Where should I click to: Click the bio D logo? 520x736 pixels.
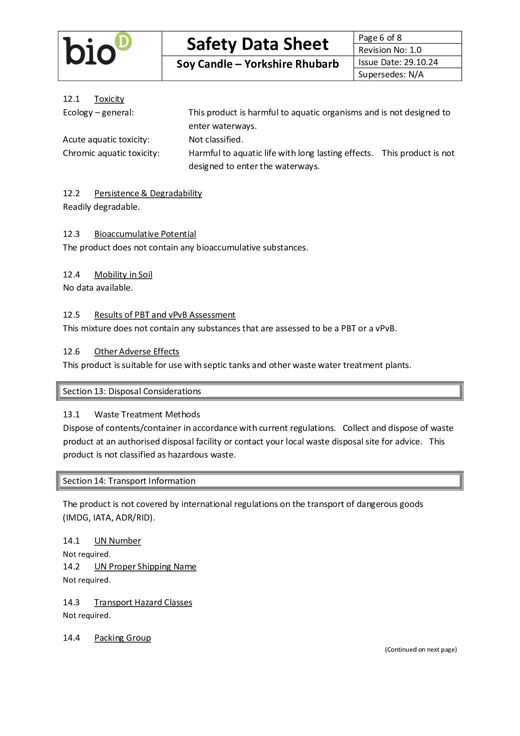[x=97, y=49]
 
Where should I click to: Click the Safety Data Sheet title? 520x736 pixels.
[x=257, y=44]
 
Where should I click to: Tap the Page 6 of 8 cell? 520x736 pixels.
[x=407, y=38]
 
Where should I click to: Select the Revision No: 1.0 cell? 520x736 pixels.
[x=407, y=50]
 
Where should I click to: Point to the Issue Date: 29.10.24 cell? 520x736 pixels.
[x=407, y=62]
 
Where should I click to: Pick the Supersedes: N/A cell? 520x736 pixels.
[x=407, y=74]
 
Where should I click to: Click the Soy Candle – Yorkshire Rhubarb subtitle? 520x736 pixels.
[x=257, y=64]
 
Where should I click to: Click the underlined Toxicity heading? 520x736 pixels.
[x=109, y=99]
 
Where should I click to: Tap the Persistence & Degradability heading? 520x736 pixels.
[x=148, y=194]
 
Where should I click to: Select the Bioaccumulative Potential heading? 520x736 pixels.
[x=145, y=234]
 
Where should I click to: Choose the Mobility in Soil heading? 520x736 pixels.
[x=123, y=275]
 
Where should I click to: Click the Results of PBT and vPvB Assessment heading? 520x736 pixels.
[x=165, y=315]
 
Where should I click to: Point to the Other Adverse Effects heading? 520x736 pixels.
[x=137, y=352]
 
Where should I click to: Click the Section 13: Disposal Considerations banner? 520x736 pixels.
[x=260, y=392]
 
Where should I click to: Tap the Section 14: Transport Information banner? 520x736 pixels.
[x=260, y=481]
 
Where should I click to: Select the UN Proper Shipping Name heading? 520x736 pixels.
[x=145, y=567]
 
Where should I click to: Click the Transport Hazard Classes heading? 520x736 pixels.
[x=143, y=603]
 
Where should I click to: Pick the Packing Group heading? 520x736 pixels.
[x=123, y=638]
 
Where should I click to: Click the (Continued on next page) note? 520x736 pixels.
[x=421, y=649]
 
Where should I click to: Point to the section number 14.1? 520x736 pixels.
[x=71, y=541]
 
